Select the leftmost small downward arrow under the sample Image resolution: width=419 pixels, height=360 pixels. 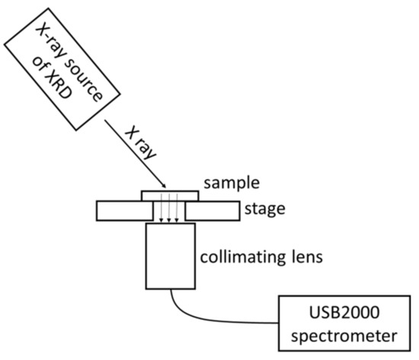coord(156,212)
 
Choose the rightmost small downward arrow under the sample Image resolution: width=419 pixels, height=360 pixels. coord(178,212)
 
